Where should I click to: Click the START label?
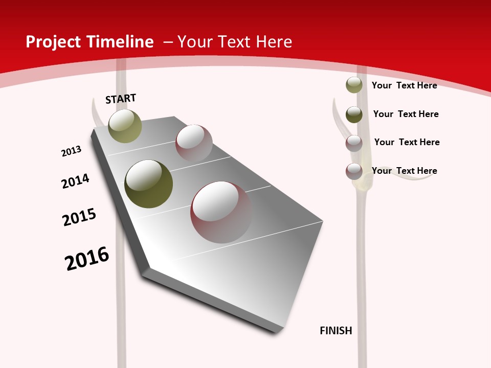pos(121,99)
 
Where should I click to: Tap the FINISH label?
pos(336,331)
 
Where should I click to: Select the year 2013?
pos(72,151)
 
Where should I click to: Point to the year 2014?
pos(76,181)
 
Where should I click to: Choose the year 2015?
pos(79,217)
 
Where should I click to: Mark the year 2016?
pos(87,258)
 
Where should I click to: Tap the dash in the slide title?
pos(168,42)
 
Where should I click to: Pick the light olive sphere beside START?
pos(125,126)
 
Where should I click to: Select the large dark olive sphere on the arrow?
pos(148,183)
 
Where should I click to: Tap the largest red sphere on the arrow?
pos(221,212)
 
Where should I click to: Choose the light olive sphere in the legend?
pos(354,85)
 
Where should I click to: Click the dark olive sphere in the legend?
pos(354,114)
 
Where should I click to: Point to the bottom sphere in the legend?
pos(354,171)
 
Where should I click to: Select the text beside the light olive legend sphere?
pos(404,85)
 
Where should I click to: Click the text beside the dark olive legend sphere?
pos(406,114)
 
